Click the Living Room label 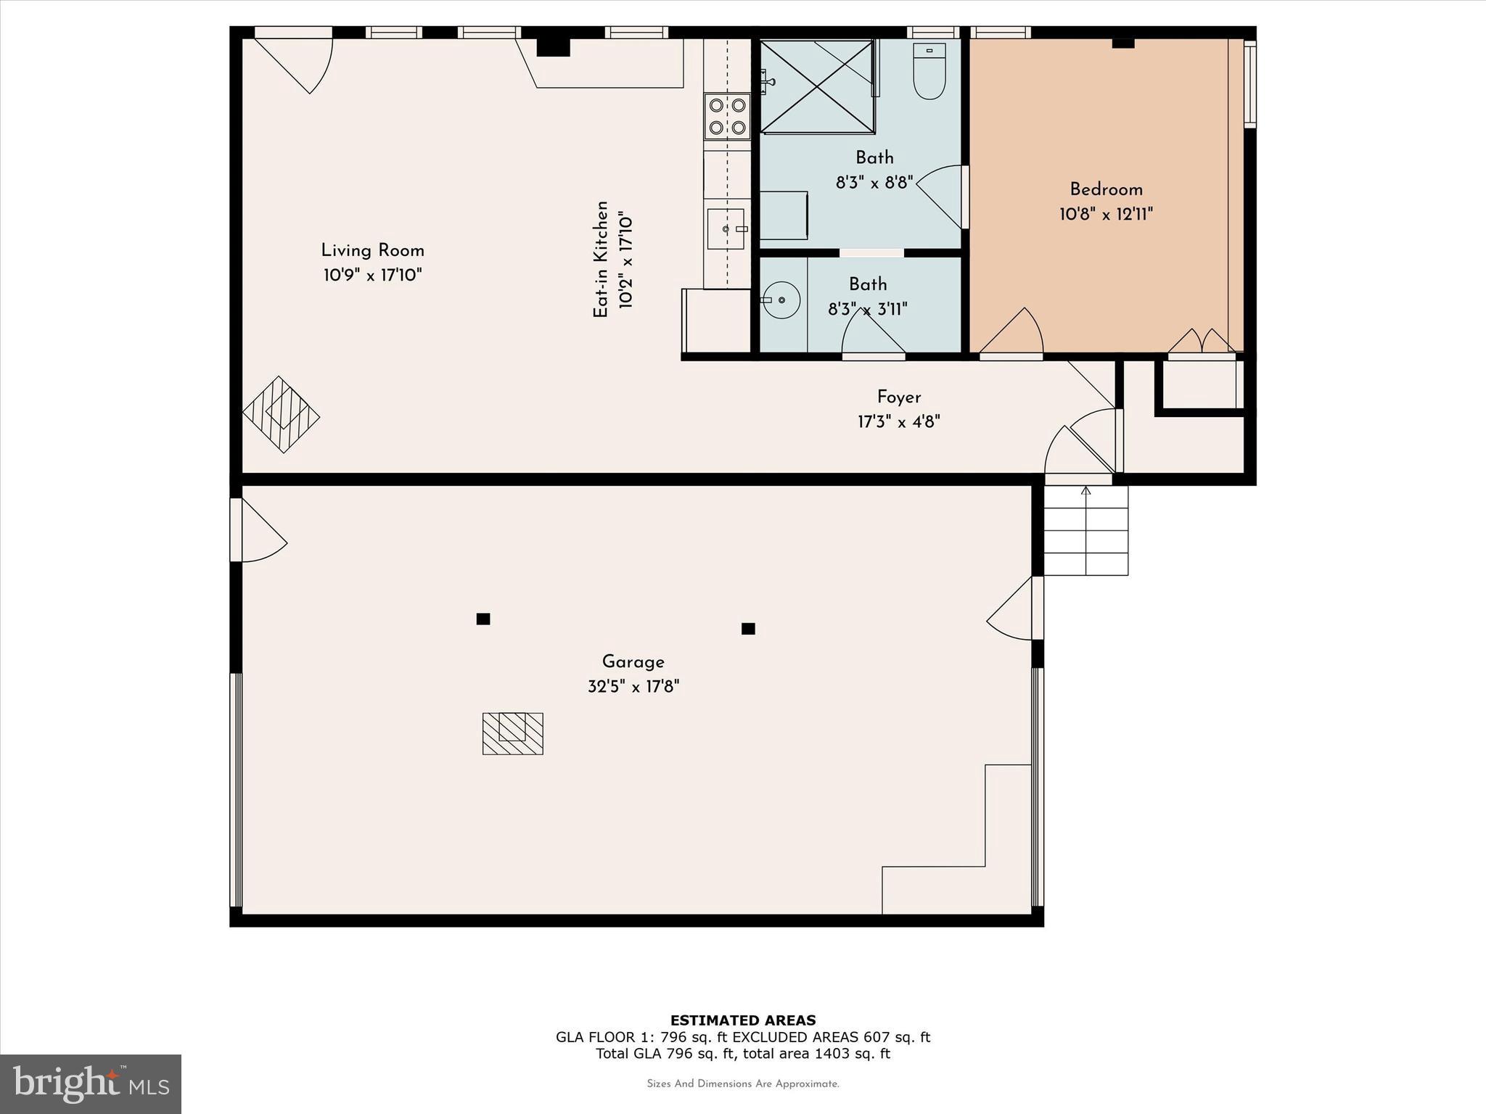point(372,251)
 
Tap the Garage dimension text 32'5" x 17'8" point(633,686)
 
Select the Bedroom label point(1106,190)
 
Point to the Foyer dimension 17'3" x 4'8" point(898,421)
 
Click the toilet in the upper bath point(929,73)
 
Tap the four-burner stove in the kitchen point(727,116)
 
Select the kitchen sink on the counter point(726,229)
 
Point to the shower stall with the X point(817,87)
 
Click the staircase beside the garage point(1085,531)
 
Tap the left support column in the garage point(483,619)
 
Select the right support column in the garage point(748,629)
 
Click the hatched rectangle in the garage point(513,733)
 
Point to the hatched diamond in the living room point(281,415)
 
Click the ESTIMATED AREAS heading point(742,1020)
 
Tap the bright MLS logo point(91,1084)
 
